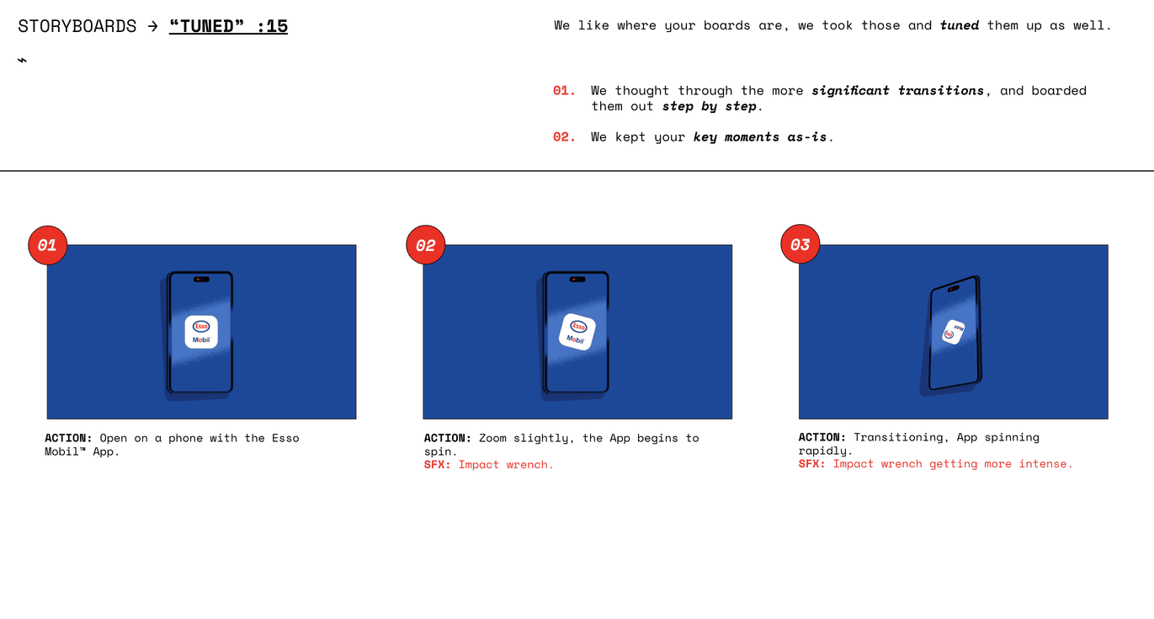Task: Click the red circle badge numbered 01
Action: [47, 245]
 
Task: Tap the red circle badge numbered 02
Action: [426, 245]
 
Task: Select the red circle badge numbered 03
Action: [800, 244]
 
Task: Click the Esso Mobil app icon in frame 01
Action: [201, 332]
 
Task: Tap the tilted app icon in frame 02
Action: [577, 332]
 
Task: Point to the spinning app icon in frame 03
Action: [953, 332]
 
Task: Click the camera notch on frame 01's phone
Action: [201, 280]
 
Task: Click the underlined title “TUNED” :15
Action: [228, 26]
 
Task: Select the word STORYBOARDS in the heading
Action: [77, 26]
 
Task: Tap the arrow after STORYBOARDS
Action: [152, 26]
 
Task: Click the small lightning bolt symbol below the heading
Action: [22, 61]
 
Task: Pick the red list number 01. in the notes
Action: [564, 91]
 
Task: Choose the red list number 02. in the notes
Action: [564, 137]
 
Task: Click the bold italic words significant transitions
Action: [897, 91]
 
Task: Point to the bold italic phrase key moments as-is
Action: [760, 137]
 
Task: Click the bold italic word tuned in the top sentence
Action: [960, 26]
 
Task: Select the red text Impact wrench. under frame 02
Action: [506, 465]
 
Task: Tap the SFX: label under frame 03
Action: [812, 464]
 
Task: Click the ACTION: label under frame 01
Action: [68, 438]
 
